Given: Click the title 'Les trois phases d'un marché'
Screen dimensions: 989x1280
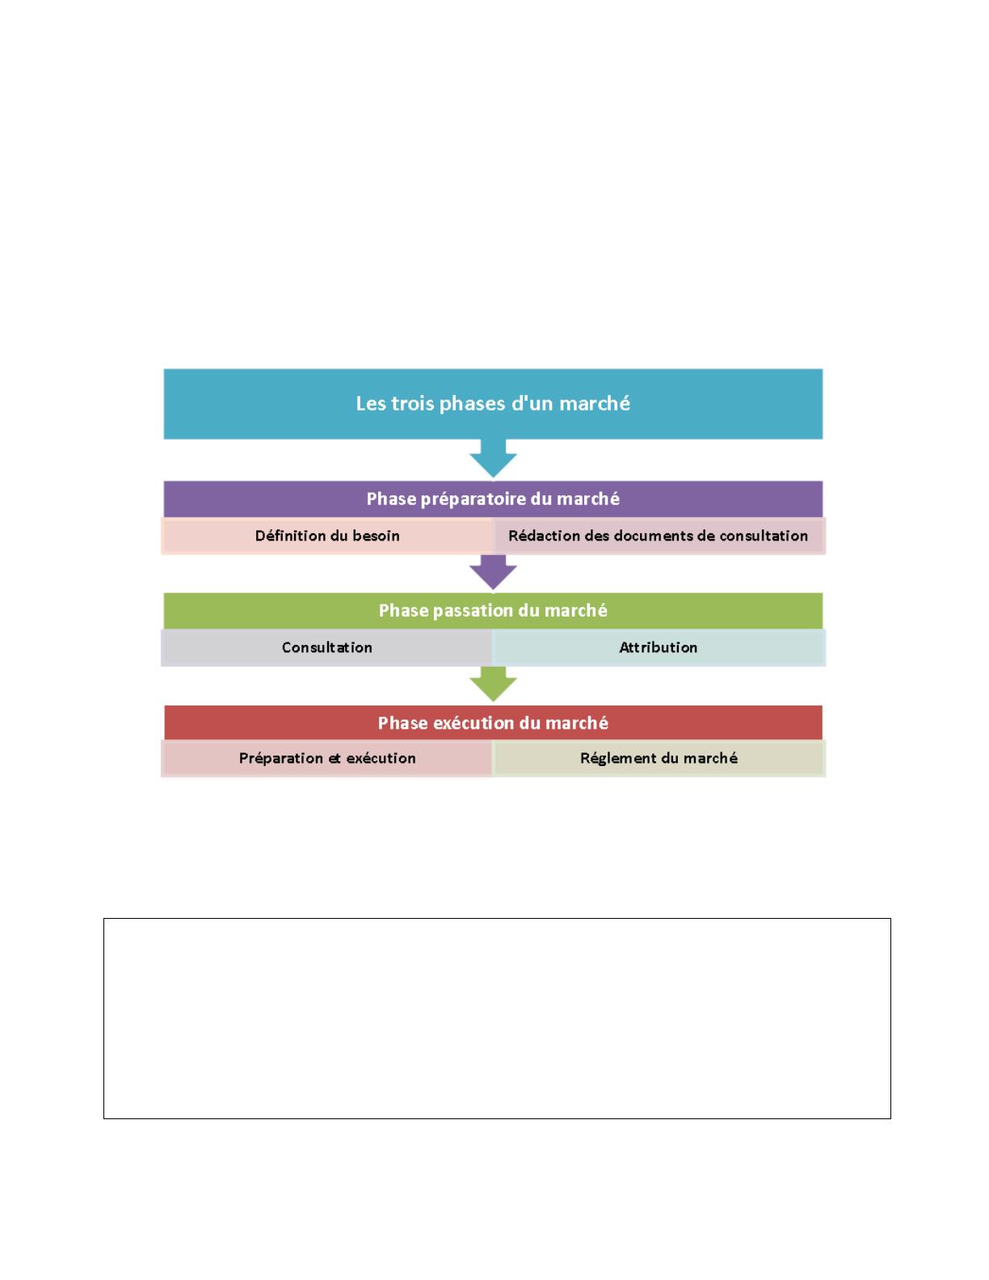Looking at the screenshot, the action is point(492,403).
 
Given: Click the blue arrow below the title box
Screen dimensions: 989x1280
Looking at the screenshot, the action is point(493,458).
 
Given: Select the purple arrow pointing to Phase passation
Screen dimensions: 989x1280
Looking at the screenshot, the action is point(493,572).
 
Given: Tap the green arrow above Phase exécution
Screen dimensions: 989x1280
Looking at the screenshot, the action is point(493,684).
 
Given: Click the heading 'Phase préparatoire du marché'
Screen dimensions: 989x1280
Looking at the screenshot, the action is point(493,499).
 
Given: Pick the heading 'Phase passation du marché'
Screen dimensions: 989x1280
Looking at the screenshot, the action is point(493,610).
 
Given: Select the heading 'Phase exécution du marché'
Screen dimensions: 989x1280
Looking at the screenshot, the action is point(493,722).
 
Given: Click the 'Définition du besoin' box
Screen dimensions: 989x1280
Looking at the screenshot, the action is point(327,536).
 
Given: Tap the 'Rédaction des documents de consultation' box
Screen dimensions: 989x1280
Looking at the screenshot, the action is point(659,536).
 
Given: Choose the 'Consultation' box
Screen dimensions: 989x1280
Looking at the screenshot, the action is point(327,647).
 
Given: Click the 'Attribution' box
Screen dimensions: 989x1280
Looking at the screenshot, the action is point(659,647).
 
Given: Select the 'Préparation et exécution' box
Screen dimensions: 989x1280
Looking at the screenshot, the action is point(327,758).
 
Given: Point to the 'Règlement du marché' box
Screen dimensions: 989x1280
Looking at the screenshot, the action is point(659,758).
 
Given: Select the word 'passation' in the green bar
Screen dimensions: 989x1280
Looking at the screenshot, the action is point(473,611).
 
